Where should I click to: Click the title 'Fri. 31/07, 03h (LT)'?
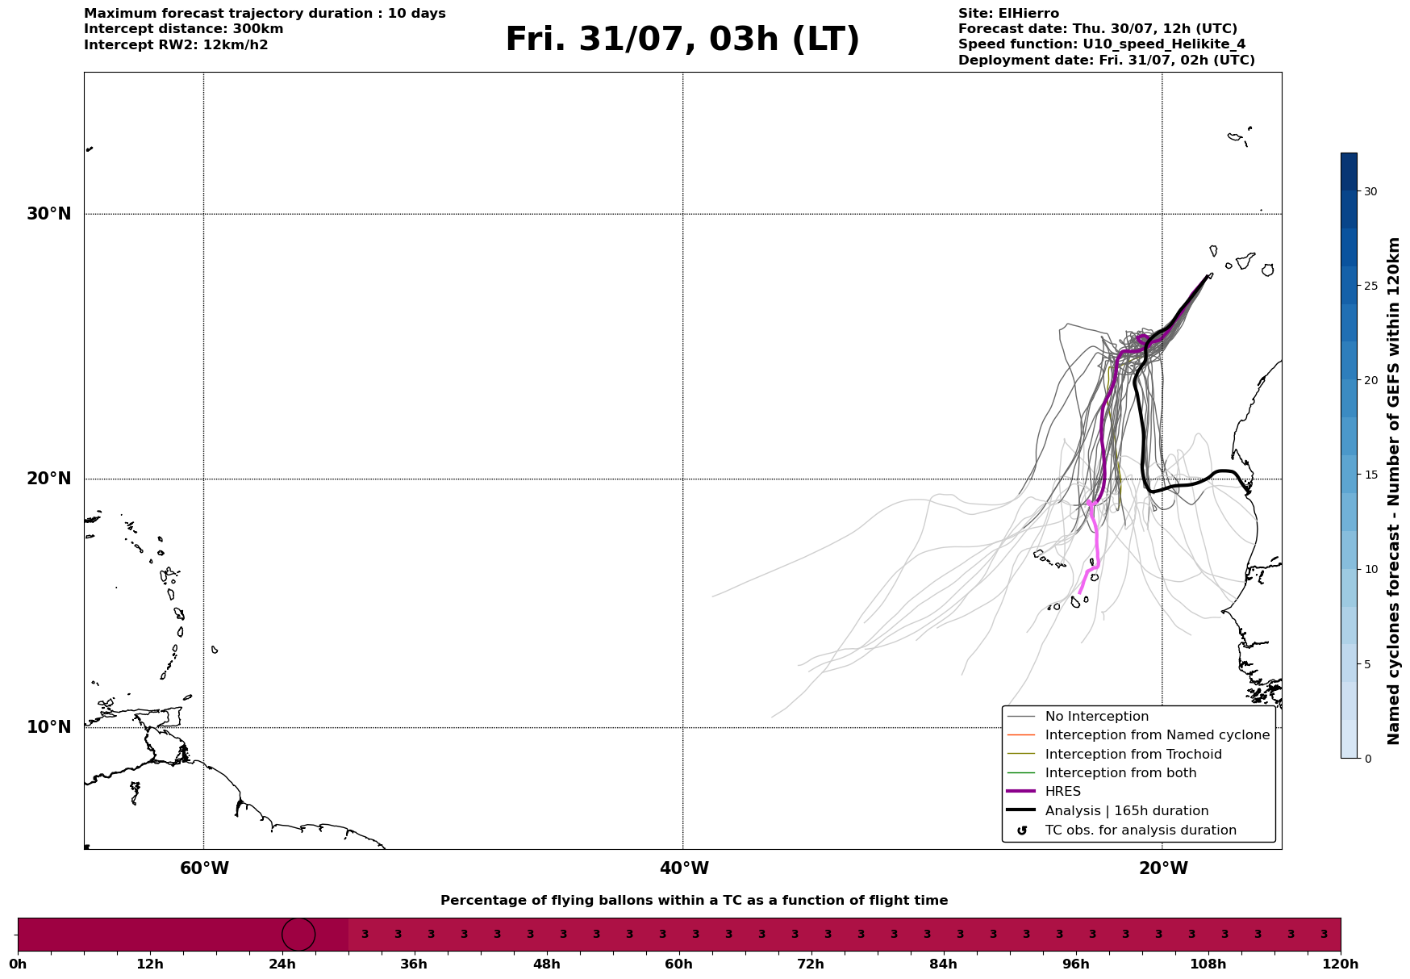pyautogui.click(x=682, y=40)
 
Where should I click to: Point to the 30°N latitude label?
pyautogui.click(x=49, y=214)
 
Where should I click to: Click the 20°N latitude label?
pyautogui.click(x=49, y=479)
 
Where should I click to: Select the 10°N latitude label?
pyautogui.click(x=49, y=727)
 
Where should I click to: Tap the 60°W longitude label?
pyautogui.click(x=204, y=868)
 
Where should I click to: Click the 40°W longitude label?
pyautogui.click(x=684, y=868)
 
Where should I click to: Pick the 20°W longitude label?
pyautogui.click(x=1163, y=868)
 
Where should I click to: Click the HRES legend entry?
pyautogui.click(x=1062, y=792)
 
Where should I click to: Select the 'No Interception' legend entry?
pyautogui.click(x=1097, y=717)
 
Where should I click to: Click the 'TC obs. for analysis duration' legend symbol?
pyautogui.click(x=1022, y=830)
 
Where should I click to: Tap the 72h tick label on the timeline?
pyautogui.click(x=811, y=964)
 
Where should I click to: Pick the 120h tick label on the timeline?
pyautogui.click(x=1341, y=964)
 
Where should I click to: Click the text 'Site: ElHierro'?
pyautogui.click(x=1008, y=14)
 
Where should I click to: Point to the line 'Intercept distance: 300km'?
pyautogui.click(x=184, y=29)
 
